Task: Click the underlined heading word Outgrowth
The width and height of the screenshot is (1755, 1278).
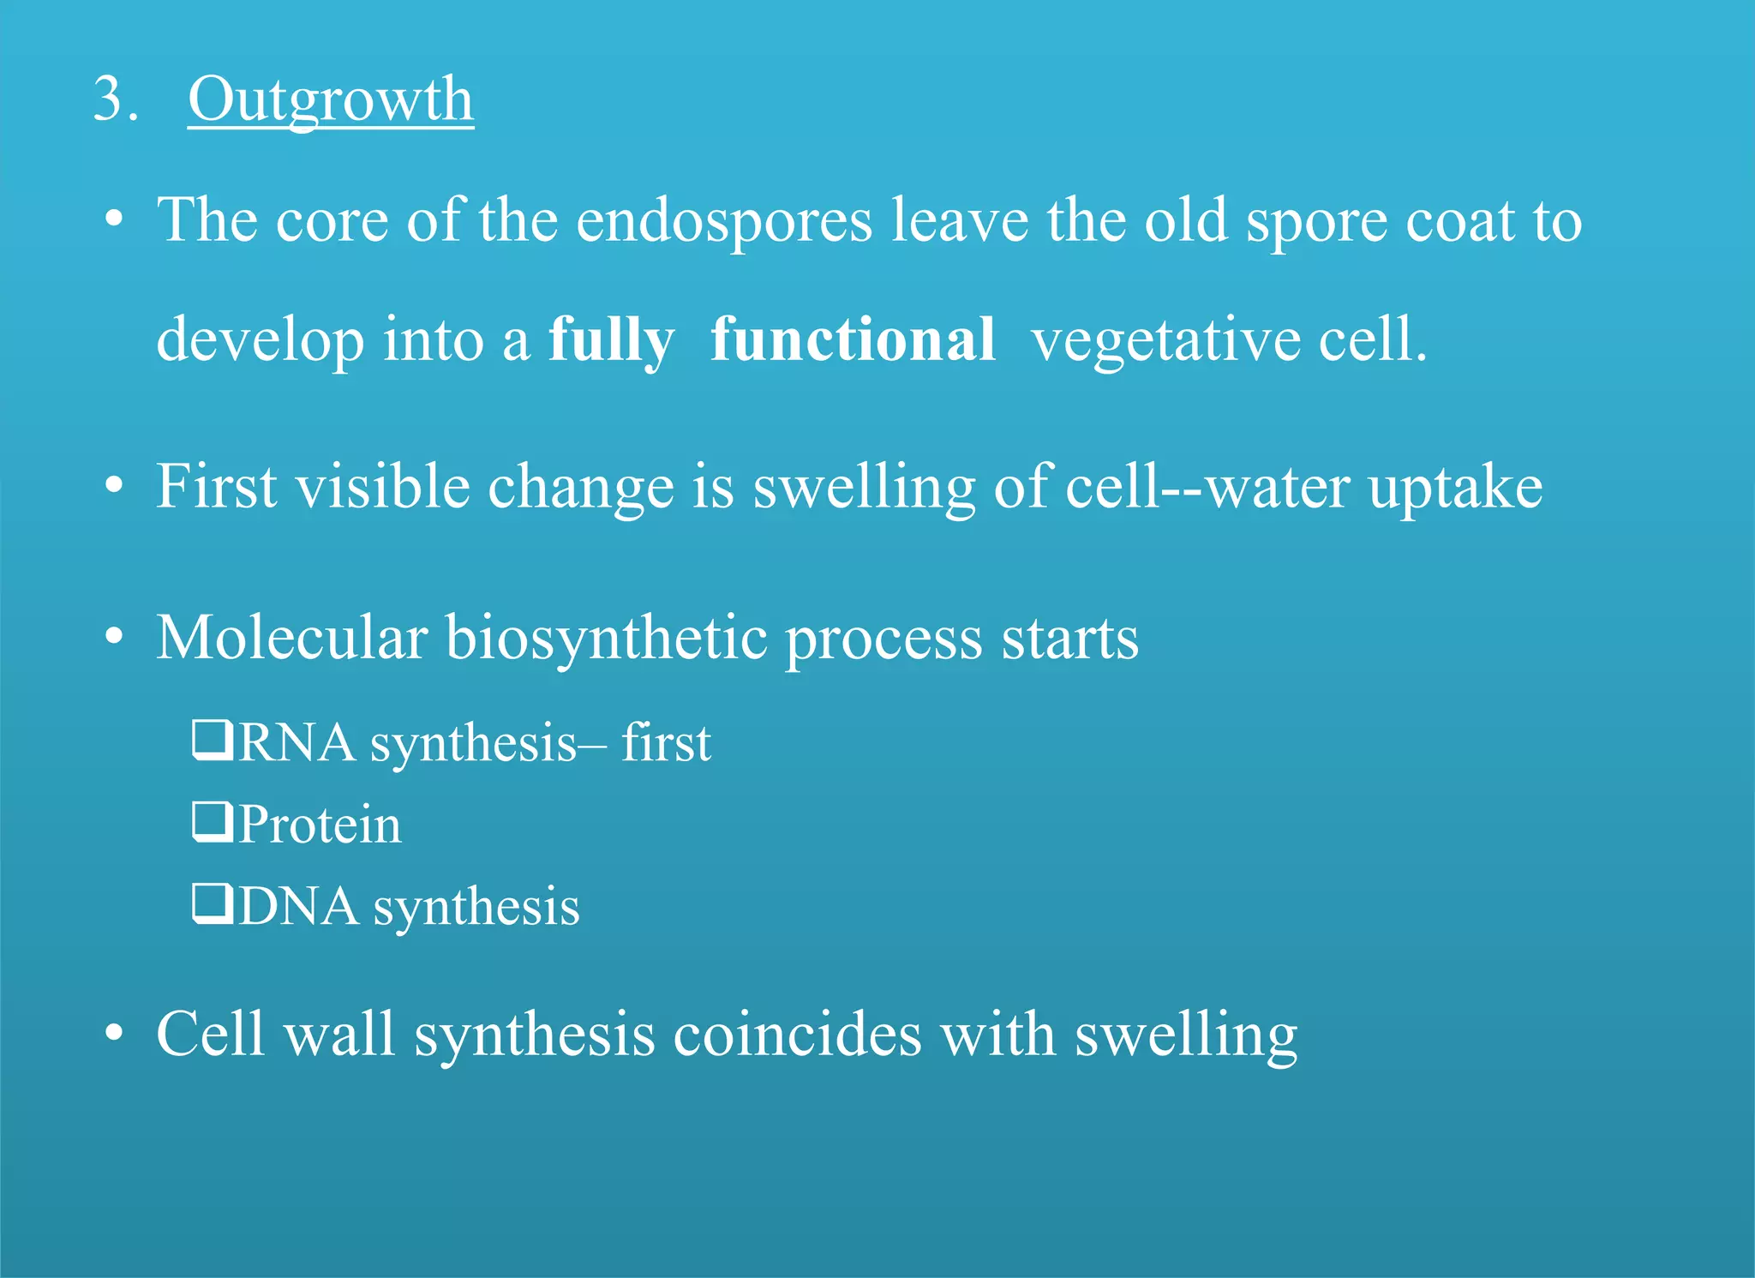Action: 330,99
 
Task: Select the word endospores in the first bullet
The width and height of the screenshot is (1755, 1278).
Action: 724,221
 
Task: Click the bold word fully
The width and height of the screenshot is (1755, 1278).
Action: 611,340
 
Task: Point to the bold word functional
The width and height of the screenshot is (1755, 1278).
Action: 853,339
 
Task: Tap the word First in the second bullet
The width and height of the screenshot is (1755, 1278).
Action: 217,487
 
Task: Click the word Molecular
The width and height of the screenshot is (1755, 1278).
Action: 291,638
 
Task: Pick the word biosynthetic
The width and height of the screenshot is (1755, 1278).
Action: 606,639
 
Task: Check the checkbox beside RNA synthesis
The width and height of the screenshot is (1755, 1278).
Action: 212,741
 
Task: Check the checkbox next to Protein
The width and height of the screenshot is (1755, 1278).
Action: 212,822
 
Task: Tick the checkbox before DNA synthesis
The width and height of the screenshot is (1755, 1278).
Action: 212,904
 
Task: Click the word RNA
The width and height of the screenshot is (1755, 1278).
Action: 296,742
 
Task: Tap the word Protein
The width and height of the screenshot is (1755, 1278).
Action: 320,825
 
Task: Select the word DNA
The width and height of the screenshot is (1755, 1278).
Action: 298,907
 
